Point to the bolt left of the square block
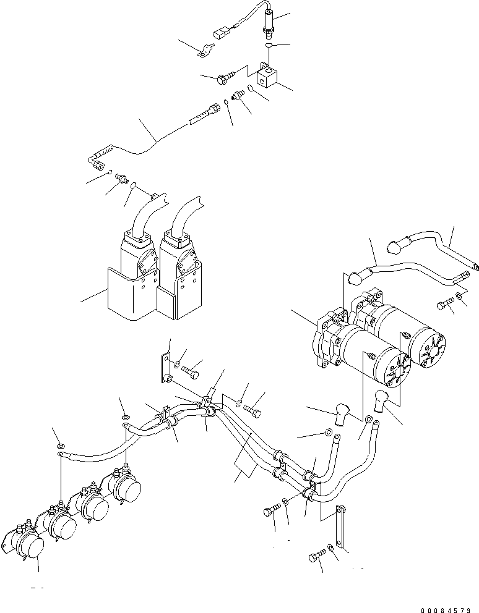[225, 77]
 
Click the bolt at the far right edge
[446, 304]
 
